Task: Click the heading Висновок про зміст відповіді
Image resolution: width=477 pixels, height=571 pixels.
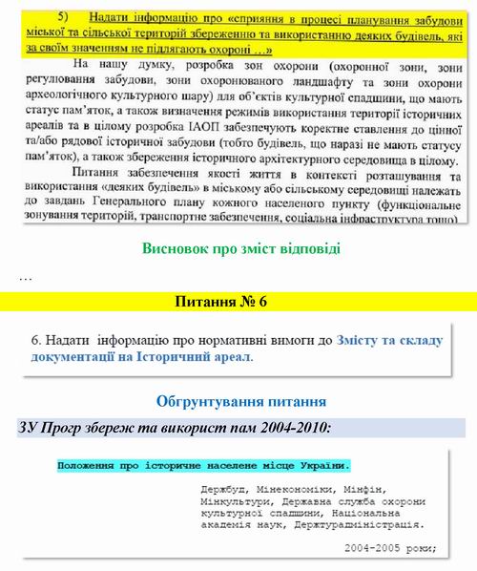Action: click(x=240, y=250)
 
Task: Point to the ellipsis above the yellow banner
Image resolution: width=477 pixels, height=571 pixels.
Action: click(x=26, y=277)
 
